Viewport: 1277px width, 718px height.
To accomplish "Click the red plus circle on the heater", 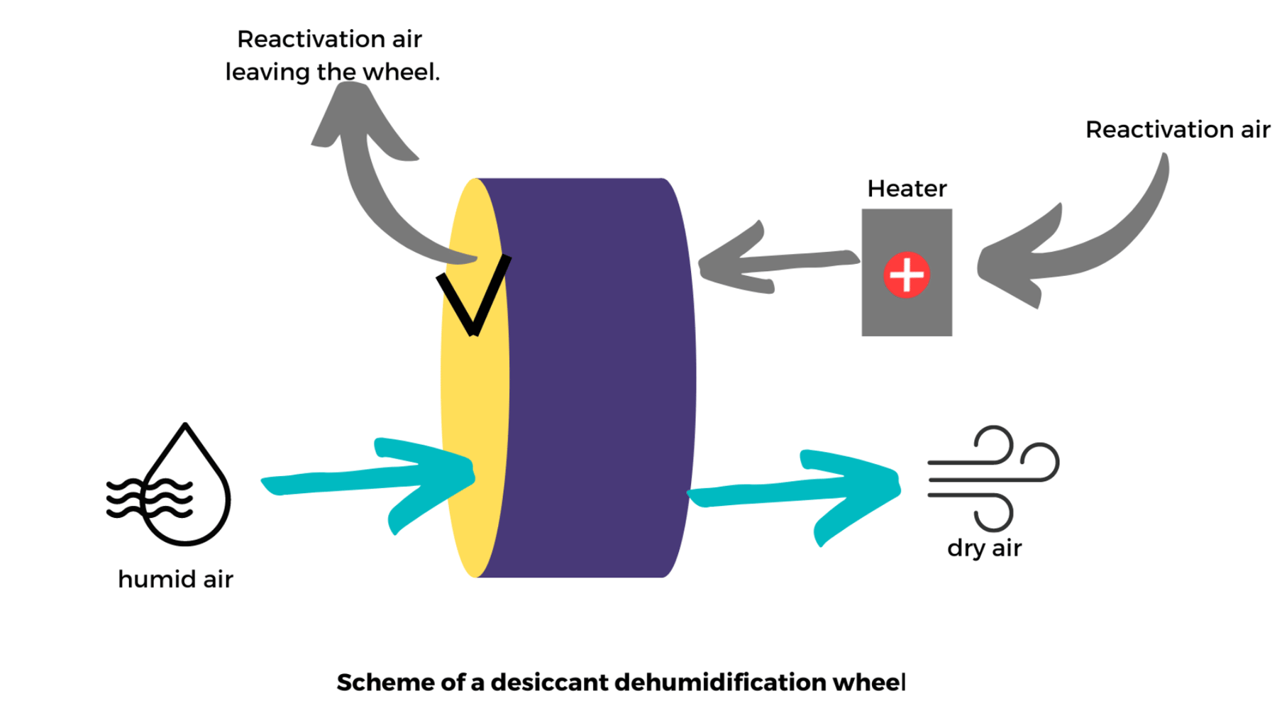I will [906, 274].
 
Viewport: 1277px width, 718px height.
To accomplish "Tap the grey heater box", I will [906, 312].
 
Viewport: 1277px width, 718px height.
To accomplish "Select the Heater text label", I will [906, 189].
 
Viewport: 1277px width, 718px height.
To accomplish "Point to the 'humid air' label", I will [175, 579].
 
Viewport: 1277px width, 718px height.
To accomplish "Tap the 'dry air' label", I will [984, 548].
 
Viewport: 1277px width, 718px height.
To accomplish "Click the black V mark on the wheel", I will [472, 298].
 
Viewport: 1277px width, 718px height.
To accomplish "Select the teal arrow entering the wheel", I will [369, 479].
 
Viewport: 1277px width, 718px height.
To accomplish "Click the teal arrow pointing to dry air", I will [795, 490].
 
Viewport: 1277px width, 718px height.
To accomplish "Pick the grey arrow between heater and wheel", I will [773, 263].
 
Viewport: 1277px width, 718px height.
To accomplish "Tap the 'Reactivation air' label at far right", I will [1177, 130].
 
